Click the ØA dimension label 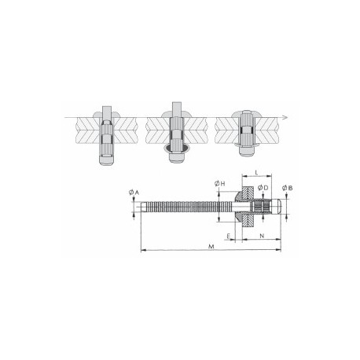click(x=133, y=192)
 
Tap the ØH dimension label click(x=219, y=183)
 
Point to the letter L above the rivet click(x=258, y=172)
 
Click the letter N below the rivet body click(x=261, y=235)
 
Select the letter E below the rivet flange click(x=228, y=235)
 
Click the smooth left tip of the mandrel click(x=144, y=209)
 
